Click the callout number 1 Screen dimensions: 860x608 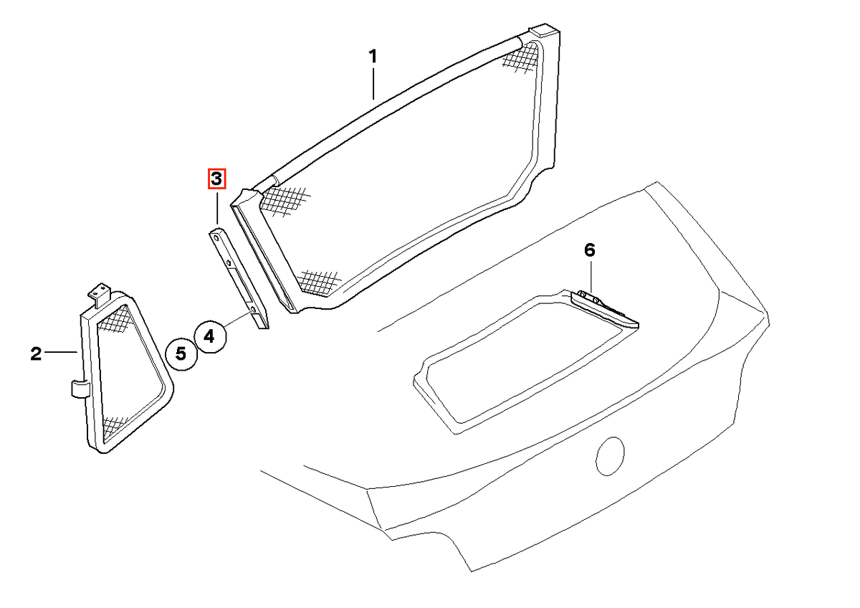point(373,57)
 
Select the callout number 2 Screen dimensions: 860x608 point(36,353)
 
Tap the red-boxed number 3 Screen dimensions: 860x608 point(216,179)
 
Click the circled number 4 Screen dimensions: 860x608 point(210,336)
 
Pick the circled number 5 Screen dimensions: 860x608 point(181,353)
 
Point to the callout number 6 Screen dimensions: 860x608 point(590,250)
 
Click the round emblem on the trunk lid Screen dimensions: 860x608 point(610,456)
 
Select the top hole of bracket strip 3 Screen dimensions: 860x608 point(216,239)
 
